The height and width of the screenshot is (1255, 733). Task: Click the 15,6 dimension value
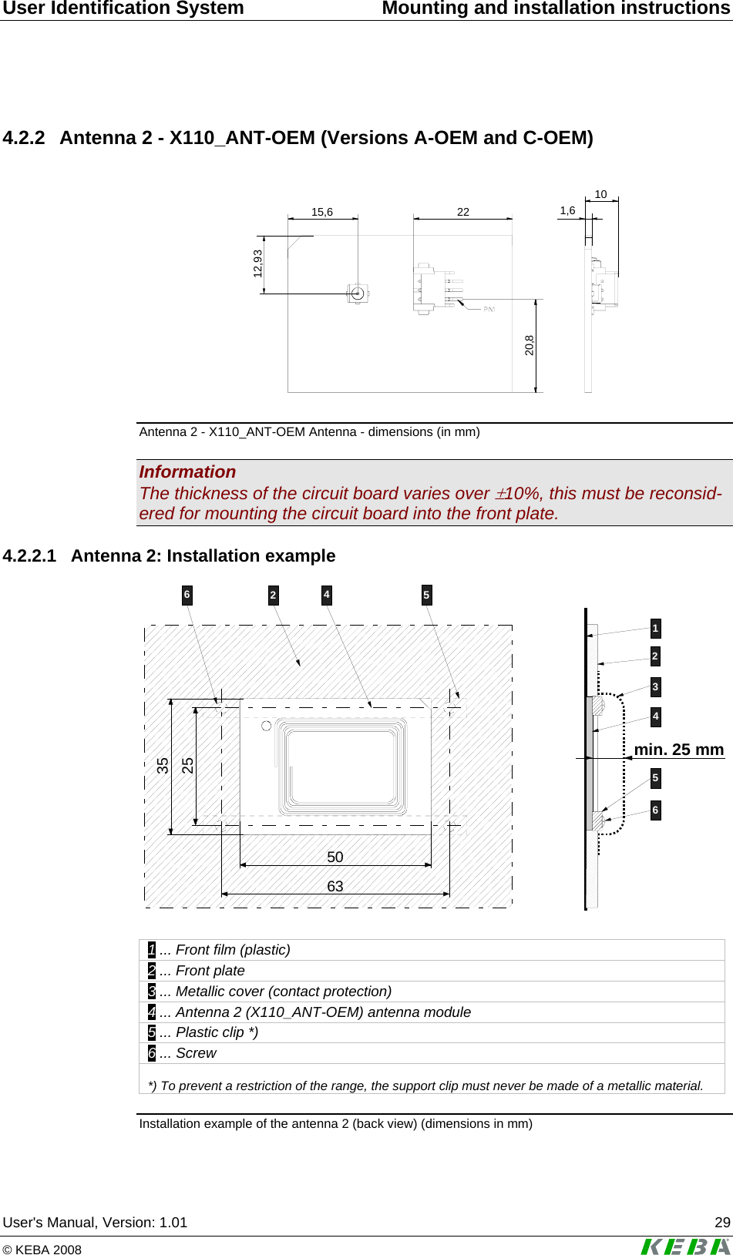(x=322, y=212)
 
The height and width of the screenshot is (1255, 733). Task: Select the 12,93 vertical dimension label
(x=257, y=263)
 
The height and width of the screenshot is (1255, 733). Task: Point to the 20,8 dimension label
(x=530, y=344)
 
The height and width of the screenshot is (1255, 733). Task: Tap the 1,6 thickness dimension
(x=567, y=210)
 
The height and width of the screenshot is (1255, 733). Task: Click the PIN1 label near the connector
(x=489, y=309)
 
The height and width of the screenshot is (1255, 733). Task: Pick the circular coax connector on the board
(x=357, y=293)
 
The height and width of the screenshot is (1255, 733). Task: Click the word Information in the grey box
(x=187, y=472)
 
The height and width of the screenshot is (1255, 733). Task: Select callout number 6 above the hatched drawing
(x=187, y=595)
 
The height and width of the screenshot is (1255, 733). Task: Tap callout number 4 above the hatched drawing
(x=327, y=595)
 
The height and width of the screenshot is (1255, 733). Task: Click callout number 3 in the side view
(x=655, y=686)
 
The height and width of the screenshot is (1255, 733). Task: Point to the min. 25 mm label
(x=678, y=750)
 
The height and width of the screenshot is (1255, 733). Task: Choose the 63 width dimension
(x=335, y=886)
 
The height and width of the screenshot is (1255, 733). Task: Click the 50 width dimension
(x=335, y=857)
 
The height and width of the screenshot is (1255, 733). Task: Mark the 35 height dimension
(x=163, y=766)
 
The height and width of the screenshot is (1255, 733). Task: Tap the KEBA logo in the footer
(x=685, y=1246)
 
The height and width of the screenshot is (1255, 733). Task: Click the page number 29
(x=722, y=1223)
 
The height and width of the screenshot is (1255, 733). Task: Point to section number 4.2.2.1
(x=29, y=556)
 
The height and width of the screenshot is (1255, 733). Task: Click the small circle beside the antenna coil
(x=266, y=726)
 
